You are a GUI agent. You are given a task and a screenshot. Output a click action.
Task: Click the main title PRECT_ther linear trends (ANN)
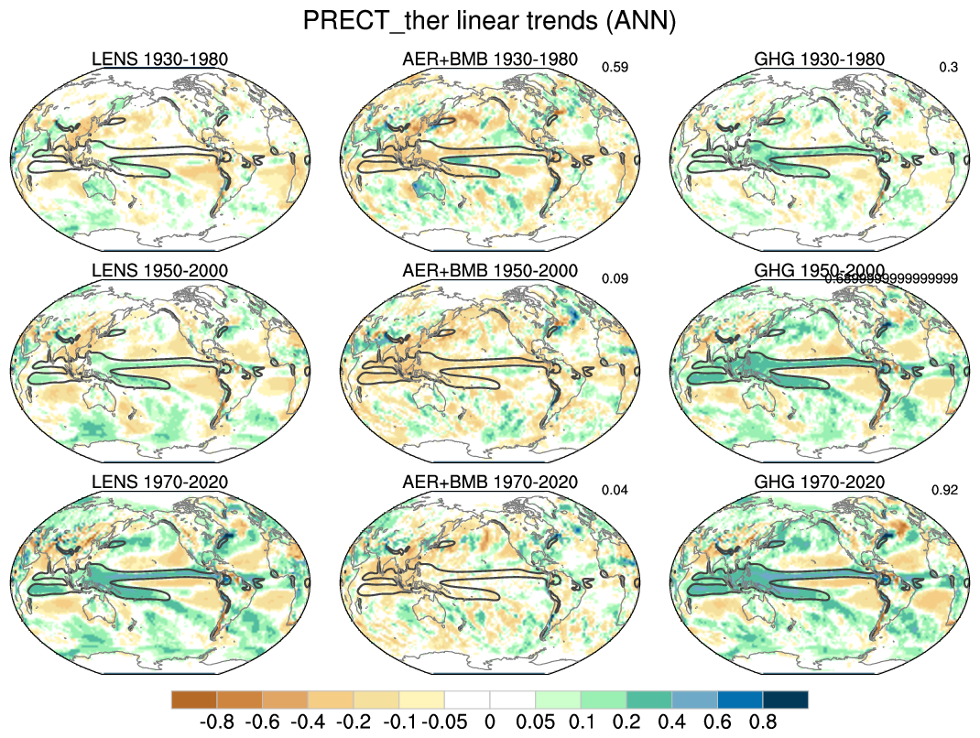(x=489, y=21)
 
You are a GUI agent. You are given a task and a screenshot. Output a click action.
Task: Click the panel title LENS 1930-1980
(x=159, y=60)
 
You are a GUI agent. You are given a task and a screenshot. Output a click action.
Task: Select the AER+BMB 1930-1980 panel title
(x=490, y=60)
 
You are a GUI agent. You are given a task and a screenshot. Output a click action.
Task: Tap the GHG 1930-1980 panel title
(x=819, y=60)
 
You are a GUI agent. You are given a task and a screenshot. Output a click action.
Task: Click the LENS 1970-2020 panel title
(x=159, y=483)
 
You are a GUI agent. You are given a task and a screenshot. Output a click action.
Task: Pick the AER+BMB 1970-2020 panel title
(x=490, y=483)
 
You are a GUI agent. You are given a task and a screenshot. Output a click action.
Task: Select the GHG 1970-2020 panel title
(x=819, y=483)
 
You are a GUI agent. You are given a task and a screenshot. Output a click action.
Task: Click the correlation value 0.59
(x=615, y=67)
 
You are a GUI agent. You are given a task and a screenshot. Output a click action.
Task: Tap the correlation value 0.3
(x=949, y=67)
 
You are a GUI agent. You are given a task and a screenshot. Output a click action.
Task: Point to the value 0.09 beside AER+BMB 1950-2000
(x=615, y=278)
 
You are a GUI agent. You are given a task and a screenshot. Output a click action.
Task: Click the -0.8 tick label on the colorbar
(x=217, y=722)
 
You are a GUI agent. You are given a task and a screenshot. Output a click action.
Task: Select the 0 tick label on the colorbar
(x=489, y=722)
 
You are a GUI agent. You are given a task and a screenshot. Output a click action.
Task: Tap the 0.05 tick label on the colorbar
(x=535, y=722)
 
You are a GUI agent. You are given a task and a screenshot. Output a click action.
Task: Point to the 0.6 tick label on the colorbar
(x=717, y=722)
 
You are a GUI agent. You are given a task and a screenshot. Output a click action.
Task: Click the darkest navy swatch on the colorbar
(x=785, y=700)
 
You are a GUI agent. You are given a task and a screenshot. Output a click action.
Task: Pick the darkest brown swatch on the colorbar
(x=194, y=700)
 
